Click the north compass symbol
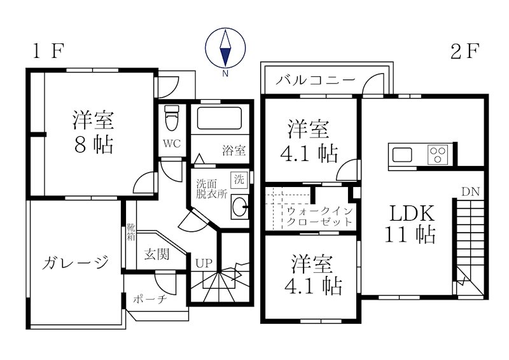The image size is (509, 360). pyautogui.click(x=225, y=49)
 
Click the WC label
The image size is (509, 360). pyautogui.click(x=171, y=143)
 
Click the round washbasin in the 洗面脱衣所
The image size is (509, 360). pyautogui.click(x=239, y=207)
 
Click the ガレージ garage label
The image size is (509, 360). pyautogui.click(x=73, y=262)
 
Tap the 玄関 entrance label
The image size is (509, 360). pyautogui.click(x=157, y=255)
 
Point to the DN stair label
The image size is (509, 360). pyautogui.click(x=471, y=191)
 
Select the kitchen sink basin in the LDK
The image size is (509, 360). pyautogui.click(x=403, y=155)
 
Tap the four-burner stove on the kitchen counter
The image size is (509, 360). pyautogui.click(x=438, y=155)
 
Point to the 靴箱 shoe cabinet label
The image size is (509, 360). pyautogui.click(x=130, y=232)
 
